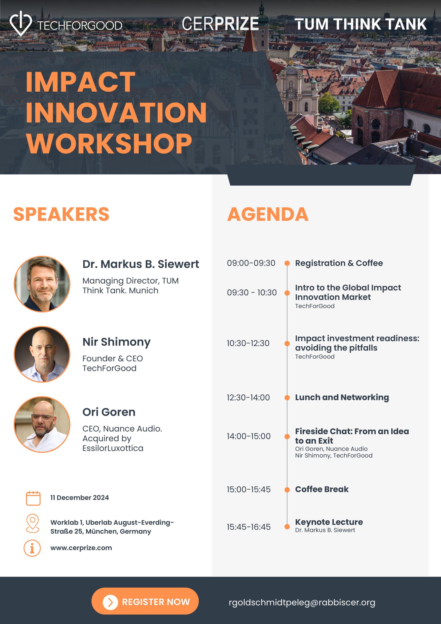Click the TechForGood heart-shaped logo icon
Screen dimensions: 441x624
pyautogui.click(x=21, y=23)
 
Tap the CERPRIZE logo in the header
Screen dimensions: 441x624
pyautogui.click(x=220, y=23)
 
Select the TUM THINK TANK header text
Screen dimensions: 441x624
pyautogui.click(x=361, y=24)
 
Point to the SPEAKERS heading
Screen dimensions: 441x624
pyautogui.click(x=61, y=214)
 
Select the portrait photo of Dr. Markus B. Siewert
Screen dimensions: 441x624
pyautogui.click(x=42, y=284)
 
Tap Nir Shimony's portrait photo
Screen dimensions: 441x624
pyautogui.click(x=42, y=354)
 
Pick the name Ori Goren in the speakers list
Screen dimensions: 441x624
pyautogui.click(x=109, y=412)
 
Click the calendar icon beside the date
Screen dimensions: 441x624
pyautogui.click(x=33, y=498)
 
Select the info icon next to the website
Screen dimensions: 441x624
pyautogui.click(x=32, y=548)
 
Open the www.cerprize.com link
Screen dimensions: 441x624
pyautogui.click(x=81, y=548)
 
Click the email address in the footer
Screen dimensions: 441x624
pyautogui.click(x=302, y=603)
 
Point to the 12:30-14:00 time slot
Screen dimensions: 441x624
pyautogui.click(x=248, y=398)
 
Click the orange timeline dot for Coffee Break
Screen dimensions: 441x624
pyautogui.click(x=287, y=490)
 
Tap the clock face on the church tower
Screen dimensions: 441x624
pyautogui.click(x=262, y=31)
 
